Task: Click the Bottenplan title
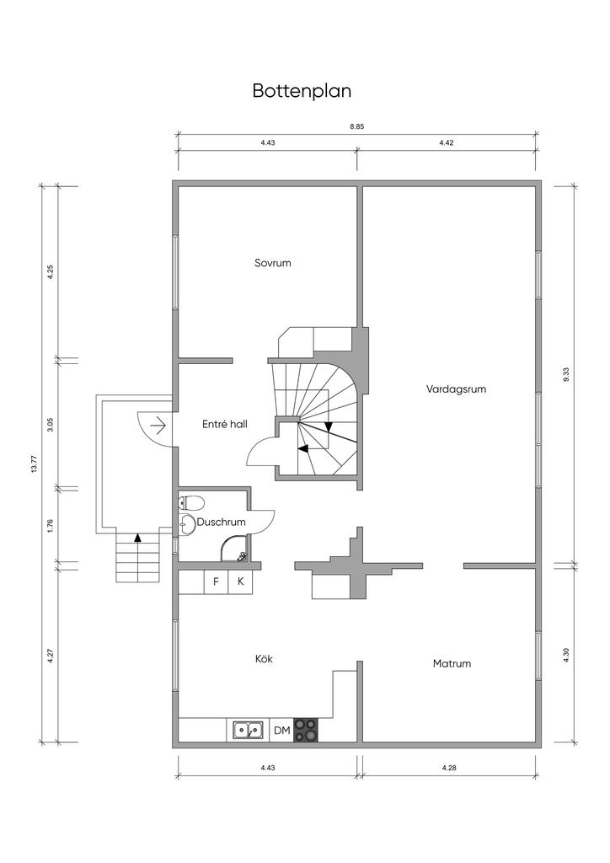pyautogui.click(x=302, y=91)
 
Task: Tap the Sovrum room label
pyautogui.click(x=273, y=263)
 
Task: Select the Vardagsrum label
pyautogui.click(x=456, y=389)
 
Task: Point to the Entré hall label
pyautogui.click(x=224, y=425)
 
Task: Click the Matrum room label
pyautogui.click(x=452, y=664)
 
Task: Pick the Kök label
pyautogui.click(x=264, y=659)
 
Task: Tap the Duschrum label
pyautogui.click(x=221, y=523)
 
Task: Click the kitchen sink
pyautogui.click(x=248, y=730)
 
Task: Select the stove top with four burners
pyautogui.click(x=306, y=730)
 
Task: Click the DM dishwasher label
pyautogui.click(x=281, y=731)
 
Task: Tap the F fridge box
pyautogui.click(x=217, y=582)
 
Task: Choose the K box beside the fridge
pyautogui.click(x=240, y=582)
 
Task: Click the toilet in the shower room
pyautogui.click(x=191, y=502)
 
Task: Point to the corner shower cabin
pyautogui.click(x=233, y=549)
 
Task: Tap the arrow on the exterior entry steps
pyautogui.click(x=137, y=538)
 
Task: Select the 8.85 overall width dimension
pyautogui.click(x=357, y=126)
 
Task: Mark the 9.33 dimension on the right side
pyautogui.click(x=566, y=374)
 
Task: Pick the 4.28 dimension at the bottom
pyautogui.click(x=449, y=768)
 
